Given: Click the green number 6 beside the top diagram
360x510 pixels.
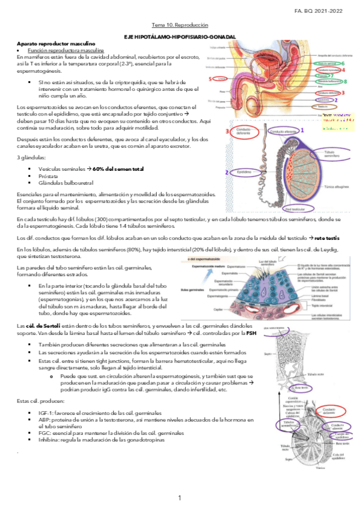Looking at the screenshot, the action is [343, 63].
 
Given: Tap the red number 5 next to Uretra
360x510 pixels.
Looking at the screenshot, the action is [209, 79].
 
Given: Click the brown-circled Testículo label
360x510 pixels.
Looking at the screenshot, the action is [323, 106].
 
